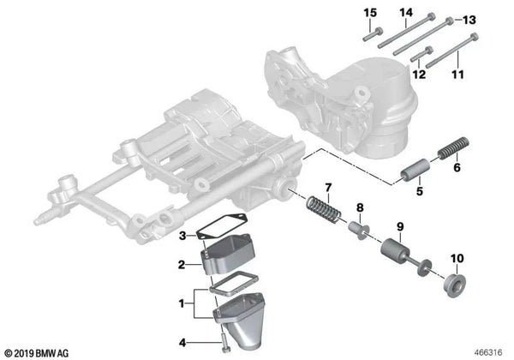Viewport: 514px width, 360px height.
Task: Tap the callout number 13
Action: (469, 19)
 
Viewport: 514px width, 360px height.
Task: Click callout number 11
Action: (456, 75)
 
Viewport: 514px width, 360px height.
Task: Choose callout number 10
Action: (456, 258)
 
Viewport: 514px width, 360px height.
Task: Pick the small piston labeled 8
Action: (354, 230)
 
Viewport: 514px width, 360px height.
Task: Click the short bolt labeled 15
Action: (368, 34)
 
